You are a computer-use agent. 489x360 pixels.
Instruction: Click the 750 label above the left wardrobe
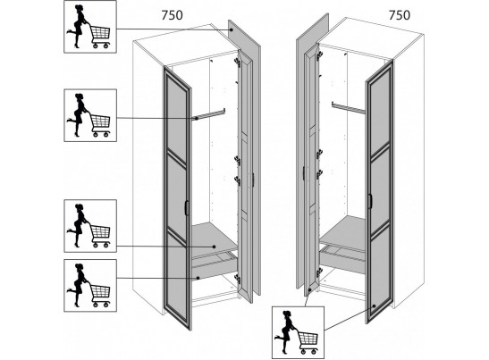[x=172, y=15]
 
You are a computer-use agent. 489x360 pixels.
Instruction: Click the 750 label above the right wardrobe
[x=400, y=15]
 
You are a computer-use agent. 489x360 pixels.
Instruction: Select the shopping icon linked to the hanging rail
[x=90, y=115]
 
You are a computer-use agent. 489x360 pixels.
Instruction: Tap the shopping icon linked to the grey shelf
[x=90, y=226]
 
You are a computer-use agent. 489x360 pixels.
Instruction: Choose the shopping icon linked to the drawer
[x=90, y=286]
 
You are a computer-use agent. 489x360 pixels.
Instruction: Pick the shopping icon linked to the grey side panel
[x=90, y=27]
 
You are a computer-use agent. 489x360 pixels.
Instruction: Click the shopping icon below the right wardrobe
[x=299, y=332]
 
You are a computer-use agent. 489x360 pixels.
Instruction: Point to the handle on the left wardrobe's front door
[x=187, y=207]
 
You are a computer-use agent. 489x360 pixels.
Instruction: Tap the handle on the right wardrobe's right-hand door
[x=370, y=201]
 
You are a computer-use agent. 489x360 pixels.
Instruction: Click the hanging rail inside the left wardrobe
[x=209, y=113]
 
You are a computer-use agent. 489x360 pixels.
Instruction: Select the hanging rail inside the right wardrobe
[x=349, y=107]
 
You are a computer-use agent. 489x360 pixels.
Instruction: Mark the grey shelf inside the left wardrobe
[x=214, y=239]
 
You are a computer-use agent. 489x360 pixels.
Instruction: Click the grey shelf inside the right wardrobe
[x=342, y=232]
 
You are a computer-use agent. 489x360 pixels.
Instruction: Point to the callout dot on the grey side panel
[x=232, y=29]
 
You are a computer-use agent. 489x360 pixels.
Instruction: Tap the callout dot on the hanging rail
[x=197, y=119]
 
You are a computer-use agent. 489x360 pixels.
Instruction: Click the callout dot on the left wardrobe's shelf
[x=215, y=247]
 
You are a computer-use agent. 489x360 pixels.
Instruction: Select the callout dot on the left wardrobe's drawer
[x=198, y=278]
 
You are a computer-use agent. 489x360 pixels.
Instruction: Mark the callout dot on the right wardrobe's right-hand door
[x=375, y=306]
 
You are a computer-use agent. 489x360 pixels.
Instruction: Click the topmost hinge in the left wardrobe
[x=237, y=63]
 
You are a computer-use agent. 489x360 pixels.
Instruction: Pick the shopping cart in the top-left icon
[x=100, y=37]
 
